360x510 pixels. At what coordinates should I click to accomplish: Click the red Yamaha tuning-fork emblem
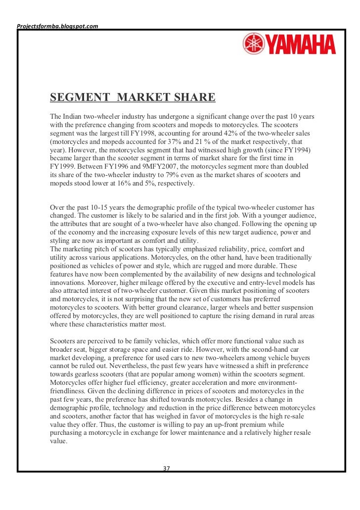[x=253, y=44]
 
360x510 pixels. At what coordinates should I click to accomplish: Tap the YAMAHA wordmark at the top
[x=302, y=45]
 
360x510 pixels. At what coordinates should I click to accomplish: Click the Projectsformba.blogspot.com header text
[x=57, y=25]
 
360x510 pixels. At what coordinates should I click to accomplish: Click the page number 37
[x=167, y=468]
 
